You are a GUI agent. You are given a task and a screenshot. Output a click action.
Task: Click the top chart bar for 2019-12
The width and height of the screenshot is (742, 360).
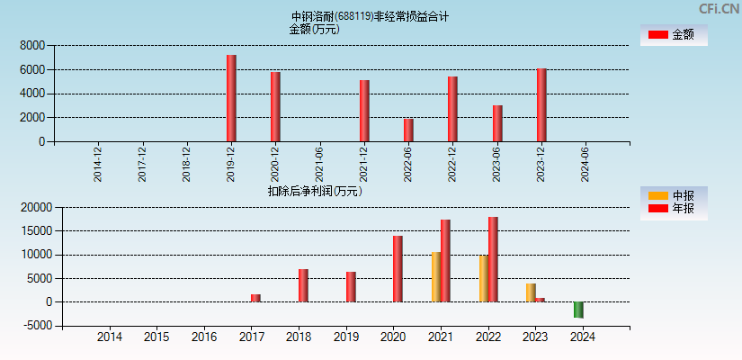tap(231, 98)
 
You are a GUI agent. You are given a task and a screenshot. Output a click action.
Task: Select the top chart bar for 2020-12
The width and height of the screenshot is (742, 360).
tap(275, 106)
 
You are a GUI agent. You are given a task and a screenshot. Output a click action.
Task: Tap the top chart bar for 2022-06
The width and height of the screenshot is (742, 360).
tap(408, 130)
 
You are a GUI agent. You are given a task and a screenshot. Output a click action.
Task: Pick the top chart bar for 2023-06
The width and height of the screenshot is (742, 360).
tap(497, 123)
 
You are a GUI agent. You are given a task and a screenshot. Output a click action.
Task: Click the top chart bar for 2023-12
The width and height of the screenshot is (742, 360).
tap(541, 104)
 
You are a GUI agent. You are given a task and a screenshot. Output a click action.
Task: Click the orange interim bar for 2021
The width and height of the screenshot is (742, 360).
tap(436, 276)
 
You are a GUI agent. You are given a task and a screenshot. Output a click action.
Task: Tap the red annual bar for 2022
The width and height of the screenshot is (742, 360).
tap(493, 259)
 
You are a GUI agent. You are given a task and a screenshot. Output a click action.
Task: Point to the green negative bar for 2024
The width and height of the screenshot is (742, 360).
tap(578, 310)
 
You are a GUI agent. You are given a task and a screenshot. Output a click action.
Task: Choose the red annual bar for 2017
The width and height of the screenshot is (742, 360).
tap(255, 298)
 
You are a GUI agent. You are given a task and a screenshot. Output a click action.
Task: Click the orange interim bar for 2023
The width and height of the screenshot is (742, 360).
tap(531, 292)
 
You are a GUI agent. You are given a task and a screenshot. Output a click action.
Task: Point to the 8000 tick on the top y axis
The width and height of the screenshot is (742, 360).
tap(31, 45)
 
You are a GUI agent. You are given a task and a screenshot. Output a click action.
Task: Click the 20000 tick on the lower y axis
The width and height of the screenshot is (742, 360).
tap(34, 207)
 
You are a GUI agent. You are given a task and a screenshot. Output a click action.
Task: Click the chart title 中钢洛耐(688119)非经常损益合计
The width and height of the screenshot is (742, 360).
tap(370, 16)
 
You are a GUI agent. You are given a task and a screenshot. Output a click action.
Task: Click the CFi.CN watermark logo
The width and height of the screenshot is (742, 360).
tap(719, 9)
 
